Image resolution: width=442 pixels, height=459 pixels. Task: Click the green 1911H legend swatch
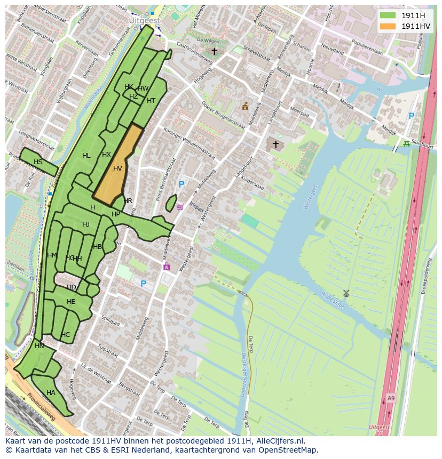click(x=388, y=15)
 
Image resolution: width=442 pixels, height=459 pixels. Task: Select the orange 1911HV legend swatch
click(x=388, y=26)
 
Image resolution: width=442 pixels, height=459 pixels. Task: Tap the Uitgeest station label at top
click(x=144, y=20)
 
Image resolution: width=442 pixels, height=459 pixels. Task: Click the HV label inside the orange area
click(x=117, y=168)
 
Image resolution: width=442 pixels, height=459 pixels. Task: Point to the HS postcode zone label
click(x=38, y=162)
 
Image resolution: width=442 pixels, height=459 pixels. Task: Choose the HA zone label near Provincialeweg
click(x=51, y=393)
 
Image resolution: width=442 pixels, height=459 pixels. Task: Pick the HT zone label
click(x=151, y=101)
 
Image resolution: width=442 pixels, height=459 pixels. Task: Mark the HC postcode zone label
click(x=65, y=335)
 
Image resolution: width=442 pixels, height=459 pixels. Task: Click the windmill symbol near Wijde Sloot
click(x=346, y=293)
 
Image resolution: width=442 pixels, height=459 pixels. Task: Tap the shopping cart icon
click(x=180, y=207)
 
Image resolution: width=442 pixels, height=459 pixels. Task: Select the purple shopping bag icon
click(x=167, y=266)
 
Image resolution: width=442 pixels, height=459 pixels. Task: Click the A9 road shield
click(x=391, y=398)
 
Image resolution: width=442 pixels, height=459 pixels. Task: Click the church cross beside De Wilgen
click(x=214, y=51)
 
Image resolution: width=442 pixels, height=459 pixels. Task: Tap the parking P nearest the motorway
click(x=411, y=116)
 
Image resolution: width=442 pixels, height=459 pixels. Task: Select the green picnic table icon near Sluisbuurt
click(x=407, y=143)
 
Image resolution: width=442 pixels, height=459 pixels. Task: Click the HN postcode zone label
click(x=40, y=346)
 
